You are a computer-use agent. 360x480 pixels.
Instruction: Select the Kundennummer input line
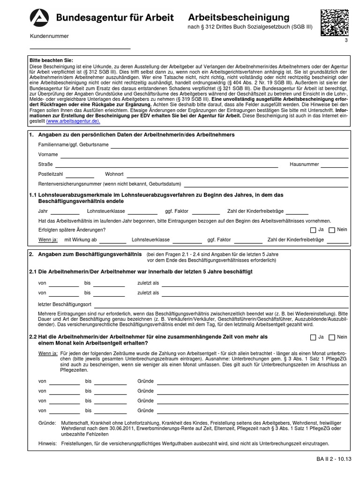(80, 48)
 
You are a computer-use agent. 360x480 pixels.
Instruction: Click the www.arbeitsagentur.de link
(73, 120)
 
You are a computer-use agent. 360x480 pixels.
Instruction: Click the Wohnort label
(114, 174)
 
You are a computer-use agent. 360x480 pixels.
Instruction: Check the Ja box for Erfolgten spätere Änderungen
(313, 230)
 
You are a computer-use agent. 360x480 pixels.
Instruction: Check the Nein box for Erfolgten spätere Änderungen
(332, 230)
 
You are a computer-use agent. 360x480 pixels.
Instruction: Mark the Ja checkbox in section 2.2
(313, 337)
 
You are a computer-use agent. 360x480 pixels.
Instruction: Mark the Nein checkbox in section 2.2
(332, 337)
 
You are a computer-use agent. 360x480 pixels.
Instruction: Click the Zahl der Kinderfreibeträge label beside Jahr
(256, 211)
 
